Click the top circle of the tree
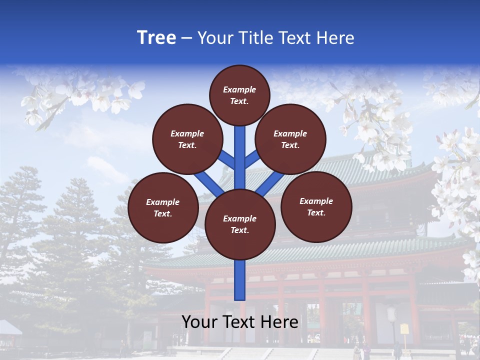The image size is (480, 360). (239, 95)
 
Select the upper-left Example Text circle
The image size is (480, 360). (187, 139)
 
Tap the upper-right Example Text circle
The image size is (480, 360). (290, 139)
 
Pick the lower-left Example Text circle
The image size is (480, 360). (163, 207)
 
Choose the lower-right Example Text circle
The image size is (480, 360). (316, 206)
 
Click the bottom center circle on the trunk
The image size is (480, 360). (240, 224)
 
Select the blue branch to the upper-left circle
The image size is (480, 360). (227, 159)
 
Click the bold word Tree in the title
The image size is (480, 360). (156, 37)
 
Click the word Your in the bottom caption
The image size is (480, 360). (200, 321)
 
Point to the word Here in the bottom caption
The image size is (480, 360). (280, 321)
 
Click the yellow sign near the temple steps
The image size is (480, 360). (404, 329)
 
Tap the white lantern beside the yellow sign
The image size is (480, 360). (392, 314)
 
